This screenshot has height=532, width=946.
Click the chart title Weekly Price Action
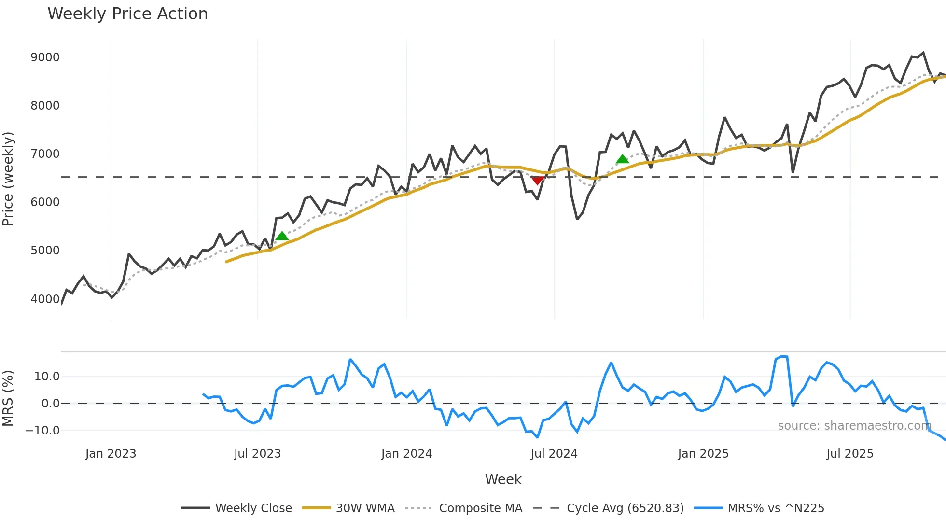click(127, 14)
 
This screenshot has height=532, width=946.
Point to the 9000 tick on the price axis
click(45, 57)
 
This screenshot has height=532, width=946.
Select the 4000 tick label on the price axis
click(45, 299)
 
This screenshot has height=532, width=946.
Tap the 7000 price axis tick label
click(45, 154)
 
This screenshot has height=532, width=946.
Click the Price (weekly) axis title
click(8, 179)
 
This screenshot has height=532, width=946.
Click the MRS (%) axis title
click(8, 398)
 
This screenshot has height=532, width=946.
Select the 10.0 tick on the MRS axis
click(47, 377)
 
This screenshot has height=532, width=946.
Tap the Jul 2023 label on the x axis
click(257, 454)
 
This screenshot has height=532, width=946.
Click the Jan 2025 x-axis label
click(703, 454)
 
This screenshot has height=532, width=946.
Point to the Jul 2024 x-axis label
click(554, 454)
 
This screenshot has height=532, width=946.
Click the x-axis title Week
click(503, 479)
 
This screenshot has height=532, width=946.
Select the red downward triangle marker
click(537, 181)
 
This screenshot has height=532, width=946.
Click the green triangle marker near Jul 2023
click(282, 236)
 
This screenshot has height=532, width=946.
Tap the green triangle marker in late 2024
click(622, 159)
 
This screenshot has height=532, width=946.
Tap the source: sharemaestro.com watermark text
click(854, 426)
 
